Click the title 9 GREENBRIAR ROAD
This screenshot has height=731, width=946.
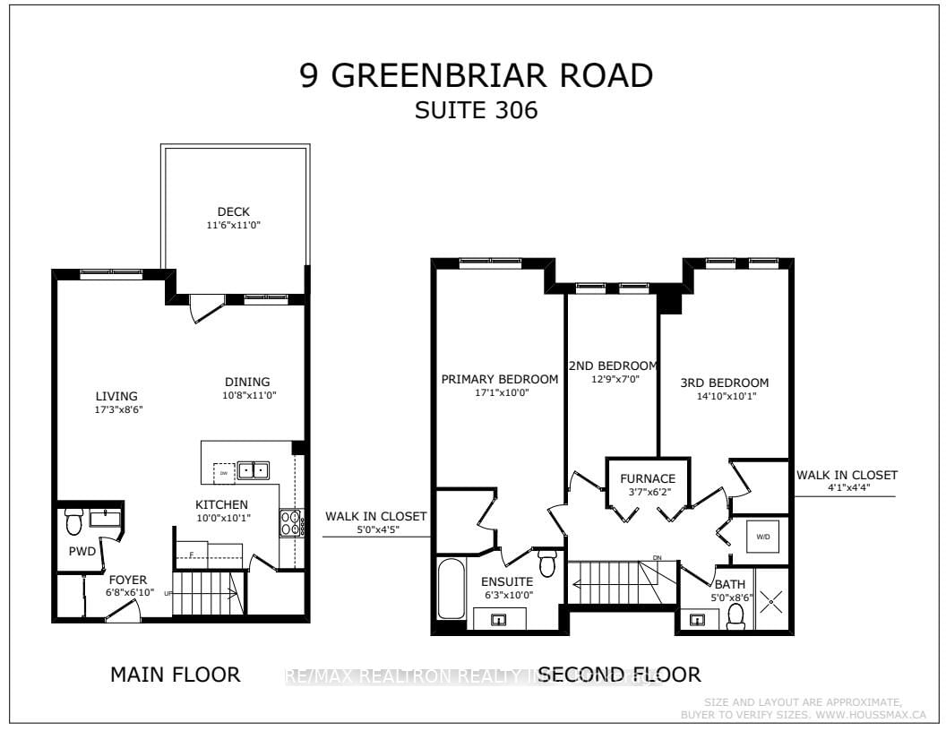(476, 76)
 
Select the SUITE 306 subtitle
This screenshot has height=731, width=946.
(476, 111)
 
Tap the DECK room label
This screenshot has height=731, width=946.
(233, 212)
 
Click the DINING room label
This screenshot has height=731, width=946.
(247, 382)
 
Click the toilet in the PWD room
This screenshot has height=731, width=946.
(74, 520)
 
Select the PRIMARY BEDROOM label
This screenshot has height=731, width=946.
(499, 379)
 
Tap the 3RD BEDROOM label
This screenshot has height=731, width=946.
(724, 383)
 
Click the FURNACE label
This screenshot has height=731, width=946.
(639, 478)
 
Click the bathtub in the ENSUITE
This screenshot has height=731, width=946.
(450, 589)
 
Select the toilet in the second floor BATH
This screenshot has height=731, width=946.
(736, 615)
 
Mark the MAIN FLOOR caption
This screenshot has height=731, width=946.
(176, 675)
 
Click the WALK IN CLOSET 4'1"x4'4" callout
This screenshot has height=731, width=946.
(847, 481)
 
